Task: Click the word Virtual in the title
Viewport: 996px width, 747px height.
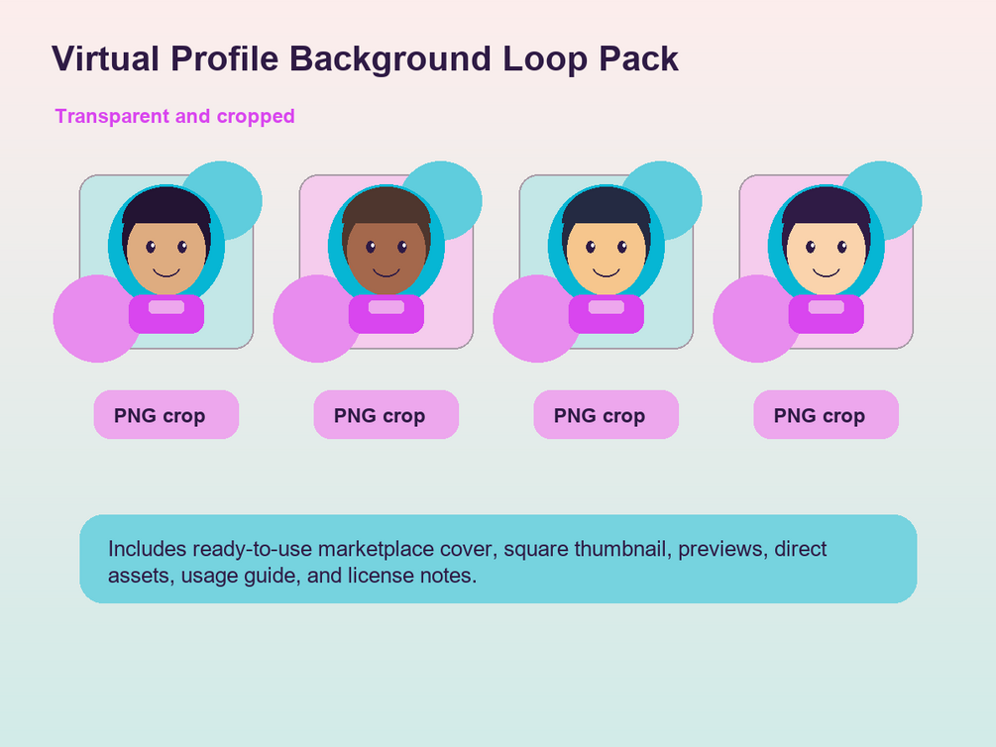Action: click(105, 58)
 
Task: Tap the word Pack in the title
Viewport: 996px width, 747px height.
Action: click(639, 58)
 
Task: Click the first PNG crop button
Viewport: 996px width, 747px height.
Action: click(166, 415)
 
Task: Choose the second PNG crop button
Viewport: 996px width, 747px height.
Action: click(387, 415)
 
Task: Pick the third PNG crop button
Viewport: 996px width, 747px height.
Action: click(606, 415)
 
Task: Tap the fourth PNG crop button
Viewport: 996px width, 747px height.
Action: click(826, 415)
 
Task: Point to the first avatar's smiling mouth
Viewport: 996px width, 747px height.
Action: click(166, 273)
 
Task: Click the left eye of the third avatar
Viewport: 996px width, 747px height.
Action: click(591, 247)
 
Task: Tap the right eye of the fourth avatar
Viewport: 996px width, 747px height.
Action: click(842, 247)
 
